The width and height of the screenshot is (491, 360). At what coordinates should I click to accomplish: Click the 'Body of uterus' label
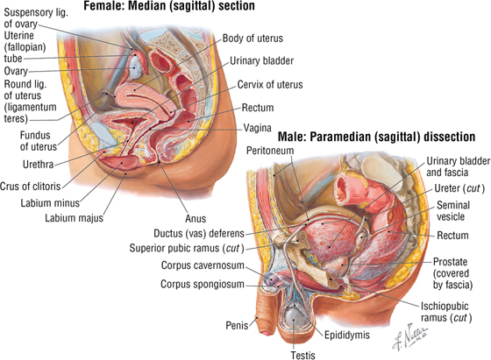point(253,39)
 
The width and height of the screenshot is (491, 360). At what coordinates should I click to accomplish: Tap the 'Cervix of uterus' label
point(270,84)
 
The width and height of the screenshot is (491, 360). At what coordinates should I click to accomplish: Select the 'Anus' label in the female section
point(196,218)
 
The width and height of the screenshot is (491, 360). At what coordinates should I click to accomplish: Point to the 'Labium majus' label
point(74,218)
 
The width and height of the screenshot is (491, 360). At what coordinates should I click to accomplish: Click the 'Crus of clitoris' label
point(31,186)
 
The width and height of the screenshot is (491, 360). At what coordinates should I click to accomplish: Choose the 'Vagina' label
point(258,128)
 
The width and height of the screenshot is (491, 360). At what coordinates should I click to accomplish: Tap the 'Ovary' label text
point(16,71)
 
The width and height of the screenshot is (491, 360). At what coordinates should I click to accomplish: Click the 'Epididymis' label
point(347,335)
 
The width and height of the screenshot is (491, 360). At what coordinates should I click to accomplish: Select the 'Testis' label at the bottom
point(302,355)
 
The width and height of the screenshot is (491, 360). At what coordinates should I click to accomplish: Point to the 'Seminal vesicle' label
point(452,211)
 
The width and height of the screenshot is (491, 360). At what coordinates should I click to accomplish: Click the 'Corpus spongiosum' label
point(203,285)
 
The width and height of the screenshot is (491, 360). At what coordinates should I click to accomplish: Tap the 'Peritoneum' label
point(270,151)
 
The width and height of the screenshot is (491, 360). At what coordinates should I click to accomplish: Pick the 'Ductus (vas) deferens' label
point(198,233)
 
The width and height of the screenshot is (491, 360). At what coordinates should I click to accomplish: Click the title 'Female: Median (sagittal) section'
point(169,6)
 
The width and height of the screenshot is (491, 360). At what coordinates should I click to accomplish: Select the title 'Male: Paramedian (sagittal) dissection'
point(377,137)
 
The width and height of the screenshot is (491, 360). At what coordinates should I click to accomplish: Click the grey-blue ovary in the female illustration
point(136,67)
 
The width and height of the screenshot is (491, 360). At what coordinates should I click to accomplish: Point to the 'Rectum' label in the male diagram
point(452,236)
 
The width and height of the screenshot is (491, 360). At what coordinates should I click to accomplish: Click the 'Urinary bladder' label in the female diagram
point(261,61)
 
